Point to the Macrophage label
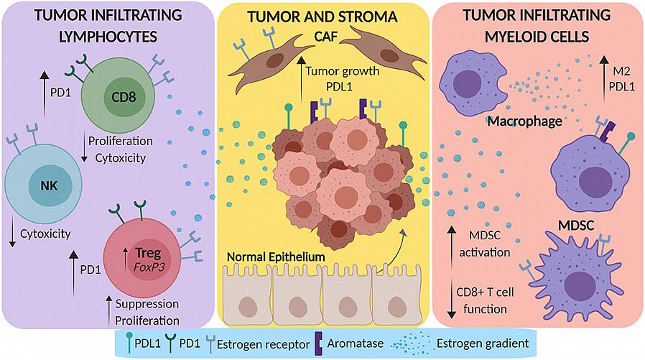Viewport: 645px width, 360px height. click(x=524, y=121)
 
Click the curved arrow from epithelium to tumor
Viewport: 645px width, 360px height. click(x=399, y=248)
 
